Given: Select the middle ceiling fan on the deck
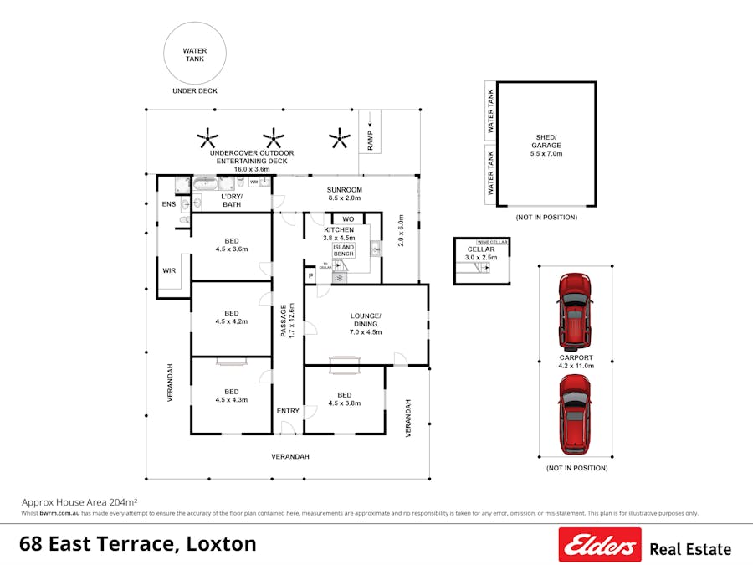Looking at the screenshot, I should pos(273,137).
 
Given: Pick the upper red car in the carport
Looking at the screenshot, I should pos(575,311).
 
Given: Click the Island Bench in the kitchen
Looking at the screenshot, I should pos(343,252).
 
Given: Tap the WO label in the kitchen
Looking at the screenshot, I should pos(348,219).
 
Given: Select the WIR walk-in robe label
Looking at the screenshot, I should pos(169,270).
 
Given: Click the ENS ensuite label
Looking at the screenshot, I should pos(168,203).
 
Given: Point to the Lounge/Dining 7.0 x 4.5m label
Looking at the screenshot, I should pos(366,323).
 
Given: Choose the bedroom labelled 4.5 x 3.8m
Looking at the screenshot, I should pos(344,398).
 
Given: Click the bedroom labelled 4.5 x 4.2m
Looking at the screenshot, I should pos(231,317).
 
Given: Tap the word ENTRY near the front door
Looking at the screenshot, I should pos(288,411).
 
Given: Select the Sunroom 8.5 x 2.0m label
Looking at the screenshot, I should pos(343,194).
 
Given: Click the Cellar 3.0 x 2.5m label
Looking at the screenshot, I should pos(481,254).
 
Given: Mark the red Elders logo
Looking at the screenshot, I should pos(600,545).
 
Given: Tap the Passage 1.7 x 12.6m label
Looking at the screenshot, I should pos(287,320).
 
